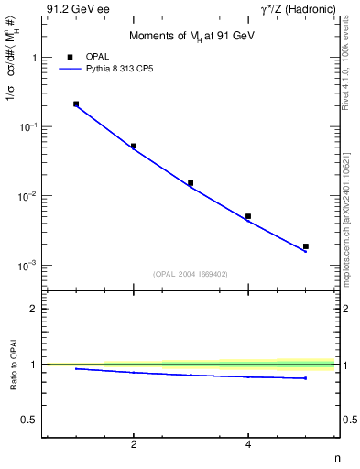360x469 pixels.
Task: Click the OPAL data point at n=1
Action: pyautogui.click(x=76, y=104)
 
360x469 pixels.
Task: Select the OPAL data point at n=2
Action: pyautogui.click(x=134, y=146)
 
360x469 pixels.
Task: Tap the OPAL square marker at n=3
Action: pyautogui.click(x=191, y=183)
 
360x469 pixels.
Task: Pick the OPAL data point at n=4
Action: pyautogui.click(x=248, y=216)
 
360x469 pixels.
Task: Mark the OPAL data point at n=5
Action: pyautogui.click(x=306, y=246)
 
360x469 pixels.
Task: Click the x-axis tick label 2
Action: pyautogui.click(x=134, y=444)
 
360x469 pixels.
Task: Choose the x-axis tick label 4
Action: pyautogui.click(x=248, y=444)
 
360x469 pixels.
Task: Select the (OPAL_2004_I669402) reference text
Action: pyautogui.click(x=191, y=272)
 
